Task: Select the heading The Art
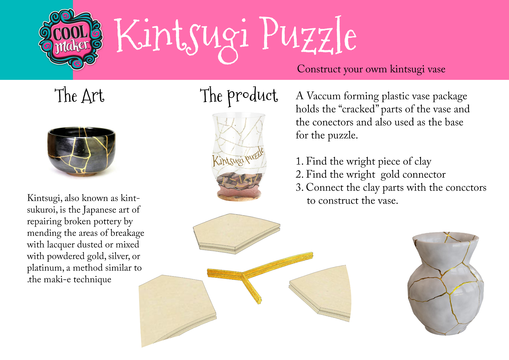click(79, 95)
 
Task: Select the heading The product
click(239, 96)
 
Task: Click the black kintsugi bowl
click(81, 151)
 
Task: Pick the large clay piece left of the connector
click(176, 310)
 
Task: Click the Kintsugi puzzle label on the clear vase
click(238, 158)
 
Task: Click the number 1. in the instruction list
click(300, 161)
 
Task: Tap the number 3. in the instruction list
click(300, 187)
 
